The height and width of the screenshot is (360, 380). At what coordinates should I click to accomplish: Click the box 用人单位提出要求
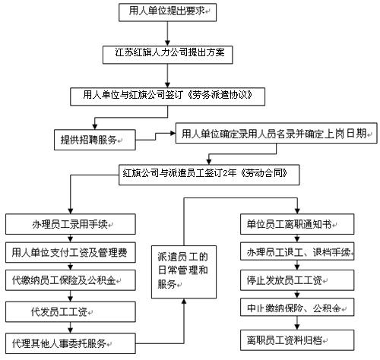pos(167,12)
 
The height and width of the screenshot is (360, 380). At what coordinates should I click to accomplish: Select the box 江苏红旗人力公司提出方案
pos(167,55)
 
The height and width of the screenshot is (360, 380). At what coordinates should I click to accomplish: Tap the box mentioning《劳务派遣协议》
pos(167,96)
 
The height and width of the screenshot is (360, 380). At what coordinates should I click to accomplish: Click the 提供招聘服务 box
pos(95,140)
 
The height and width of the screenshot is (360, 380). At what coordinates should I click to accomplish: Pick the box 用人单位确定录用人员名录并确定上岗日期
pos(277,133)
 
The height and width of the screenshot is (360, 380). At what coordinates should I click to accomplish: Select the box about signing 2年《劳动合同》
pos(209,175)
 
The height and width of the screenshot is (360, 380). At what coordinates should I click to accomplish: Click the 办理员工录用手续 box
pos(71,224)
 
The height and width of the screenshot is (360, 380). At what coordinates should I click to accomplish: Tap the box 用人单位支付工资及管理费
pos(71,252)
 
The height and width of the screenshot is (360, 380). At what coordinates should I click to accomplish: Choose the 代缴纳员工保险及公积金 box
pos(71,280)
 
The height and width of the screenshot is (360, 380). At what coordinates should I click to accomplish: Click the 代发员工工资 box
pos(71,311)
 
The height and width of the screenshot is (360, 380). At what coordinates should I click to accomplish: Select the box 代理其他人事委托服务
pos(71,343)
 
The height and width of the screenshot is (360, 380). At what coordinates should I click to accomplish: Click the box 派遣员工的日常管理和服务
pos(184,272)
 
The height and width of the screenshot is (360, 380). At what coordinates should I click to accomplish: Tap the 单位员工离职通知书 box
pos(297,224)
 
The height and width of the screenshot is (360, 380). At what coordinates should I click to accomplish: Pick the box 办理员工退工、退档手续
pos(297,251)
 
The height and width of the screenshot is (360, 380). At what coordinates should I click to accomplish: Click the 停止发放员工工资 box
pos(297,280)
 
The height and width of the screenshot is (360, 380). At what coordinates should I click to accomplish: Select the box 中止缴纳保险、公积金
pos(297,307)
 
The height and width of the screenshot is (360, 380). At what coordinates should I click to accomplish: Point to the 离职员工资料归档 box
pos(297,340)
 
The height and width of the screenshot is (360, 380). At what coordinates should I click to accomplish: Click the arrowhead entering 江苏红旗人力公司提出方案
pos(167,43)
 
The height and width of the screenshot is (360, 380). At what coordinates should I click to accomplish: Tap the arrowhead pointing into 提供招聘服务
pos(95,127)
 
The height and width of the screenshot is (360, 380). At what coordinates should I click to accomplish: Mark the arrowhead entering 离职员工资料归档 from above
pos(297,327)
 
